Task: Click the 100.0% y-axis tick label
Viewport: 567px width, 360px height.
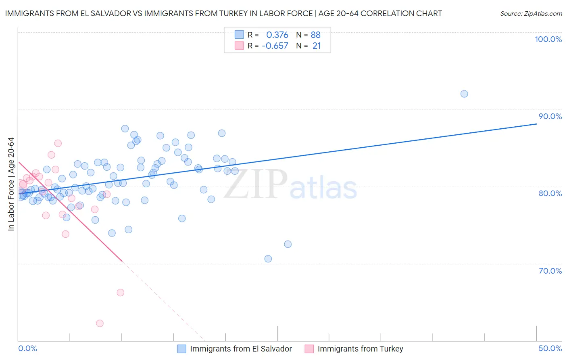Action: pos(548,39)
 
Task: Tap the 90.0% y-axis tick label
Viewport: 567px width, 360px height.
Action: pos(550,116)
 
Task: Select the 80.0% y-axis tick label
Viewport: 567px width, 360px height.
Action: pos(550,193)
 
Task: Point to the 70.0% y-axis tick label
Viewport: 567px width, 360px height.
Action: pos(550,271)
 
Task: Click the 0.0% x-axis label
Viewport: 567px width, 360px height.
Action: pos(27,348)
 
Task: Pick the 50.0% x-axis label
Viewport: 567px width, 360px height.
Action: pos(550,348)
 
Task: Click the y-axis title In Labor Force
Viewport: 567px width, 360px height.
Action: pos(11,184)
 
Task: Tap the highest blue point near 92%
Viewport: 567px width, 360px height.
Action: pos(464,94)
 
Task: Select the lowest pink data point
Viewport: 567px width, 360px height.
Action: pos(100,323)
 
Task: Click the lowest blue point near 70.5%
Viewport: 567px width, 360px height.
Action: pos(268,259)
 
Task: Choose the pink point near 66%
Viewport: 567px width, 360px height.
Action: pos(120,293)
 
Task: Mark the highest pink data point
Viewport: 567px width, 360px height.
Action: pos(58,143)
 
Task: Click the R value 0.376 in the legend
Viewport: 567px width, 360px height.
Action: pos(277,35)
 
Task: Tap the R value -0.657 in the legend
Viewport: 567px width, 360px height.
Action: pos(275,46)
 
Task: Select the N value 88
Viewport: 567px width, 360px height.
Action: pos(315,35)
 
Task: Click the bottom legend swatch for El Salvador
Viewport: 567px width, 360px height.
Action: pos(182,349)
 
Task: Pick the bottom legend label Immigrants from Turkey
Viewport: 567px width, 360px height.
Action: pos(360,349)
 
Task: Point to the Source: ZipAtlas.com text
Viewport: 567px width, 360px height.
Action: pos(531,14)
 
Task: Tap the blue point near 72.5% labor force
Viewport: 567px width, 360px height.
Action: pos(288,244)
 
